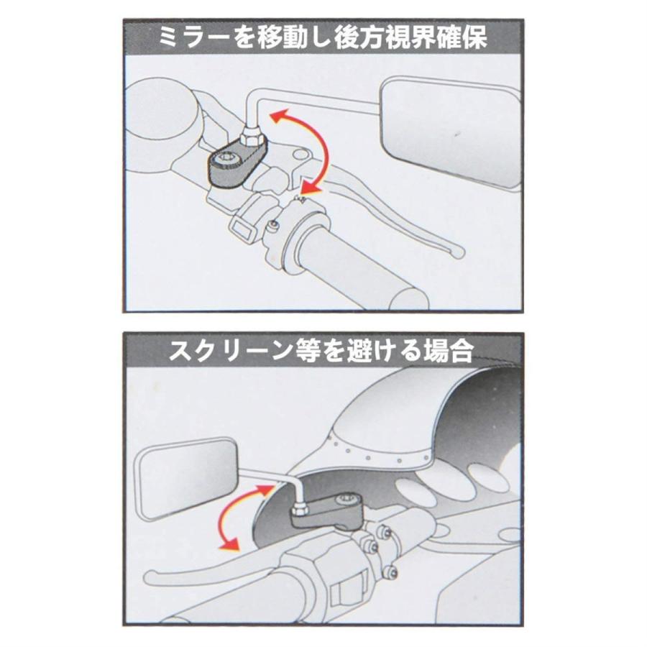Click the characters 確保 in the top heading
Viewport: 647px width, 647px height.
(x=462, y=38)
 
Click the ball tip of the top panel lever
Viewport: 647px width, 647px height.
(x=458, y=252)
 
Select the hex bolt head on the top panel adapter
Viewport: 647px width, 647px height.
(x=224, y=158)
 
